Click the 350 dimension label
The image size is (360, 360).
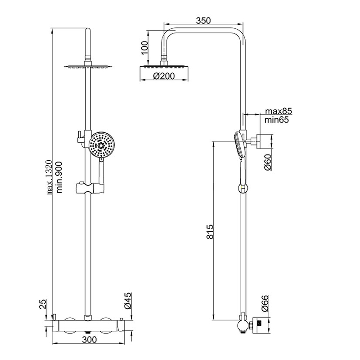pos(204,20)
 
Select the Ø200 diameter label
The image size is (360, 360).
pos(164,76)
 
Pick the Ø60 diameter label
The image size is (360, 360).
pos(267,162)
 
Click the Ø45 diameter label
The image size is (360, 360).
pos(127,301)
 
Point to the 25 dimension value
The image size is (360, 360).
pos(42,304)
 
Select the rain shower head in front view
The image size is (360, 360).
pos(88,66)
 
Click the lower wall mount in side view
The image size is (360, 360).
pos(258,324)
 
